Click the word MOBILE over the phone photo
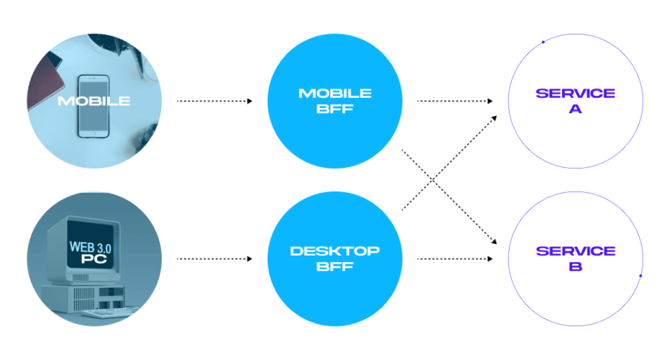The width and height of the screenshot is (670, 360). pos(94,101)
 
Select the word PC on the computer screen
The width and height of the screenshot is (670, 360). pos(89,258)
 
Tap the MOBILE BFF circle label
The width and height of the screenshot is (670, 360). pos(335,101)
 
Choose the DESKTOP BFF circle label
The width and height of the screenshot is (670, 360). pos(335,258)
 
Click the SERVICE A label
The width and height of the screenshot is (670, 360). pos(575,101)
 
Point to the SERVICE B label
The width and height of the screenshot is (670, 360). pos(575,258)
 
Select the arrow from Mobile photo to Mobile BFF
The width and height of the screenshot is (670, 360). pos(214,101)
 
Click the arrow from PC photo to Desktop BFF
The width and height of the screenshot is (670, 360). pos(214,258)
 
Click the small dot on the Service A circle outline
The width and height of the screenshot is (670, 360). pos(543,42)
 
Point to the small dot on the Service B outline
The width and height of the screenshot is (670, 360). pos(640,276)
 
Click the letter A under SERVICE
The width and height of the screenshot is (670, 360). pos(575,109)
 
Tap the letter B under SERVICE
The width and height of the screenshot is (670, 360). pos(575,267)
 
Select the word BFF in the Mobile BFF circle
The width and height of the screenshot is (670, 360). pos(335,109)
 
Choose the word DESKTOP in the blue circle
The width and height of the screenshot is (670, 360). pos(335,251)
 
